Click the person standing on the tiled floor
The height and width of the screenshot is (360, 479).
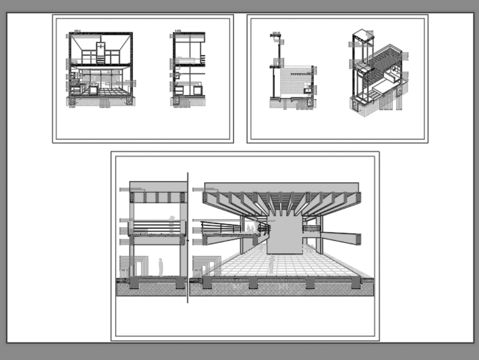pos(271,264)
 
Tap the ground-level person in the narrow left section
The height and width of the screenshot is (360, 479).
pos(161,267)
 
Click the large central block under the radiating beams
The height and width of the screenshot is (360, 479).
pos(285,235)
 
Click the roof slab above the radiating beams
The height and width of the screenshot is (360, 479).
pos(282,186)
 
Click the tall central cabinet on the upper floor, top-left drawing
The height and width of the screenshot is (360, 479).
pos(100,52)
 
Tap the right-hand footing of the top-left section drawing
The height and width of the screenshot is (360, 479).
pos(129,101)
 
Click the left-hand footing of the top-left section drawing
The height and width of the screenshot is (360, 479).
pos(72,101)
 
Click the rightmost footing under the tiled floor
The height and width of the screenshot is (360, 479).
pos(356,283)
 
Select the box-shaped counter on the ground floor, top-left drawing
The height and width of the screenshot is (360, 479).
pos(92,90)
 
